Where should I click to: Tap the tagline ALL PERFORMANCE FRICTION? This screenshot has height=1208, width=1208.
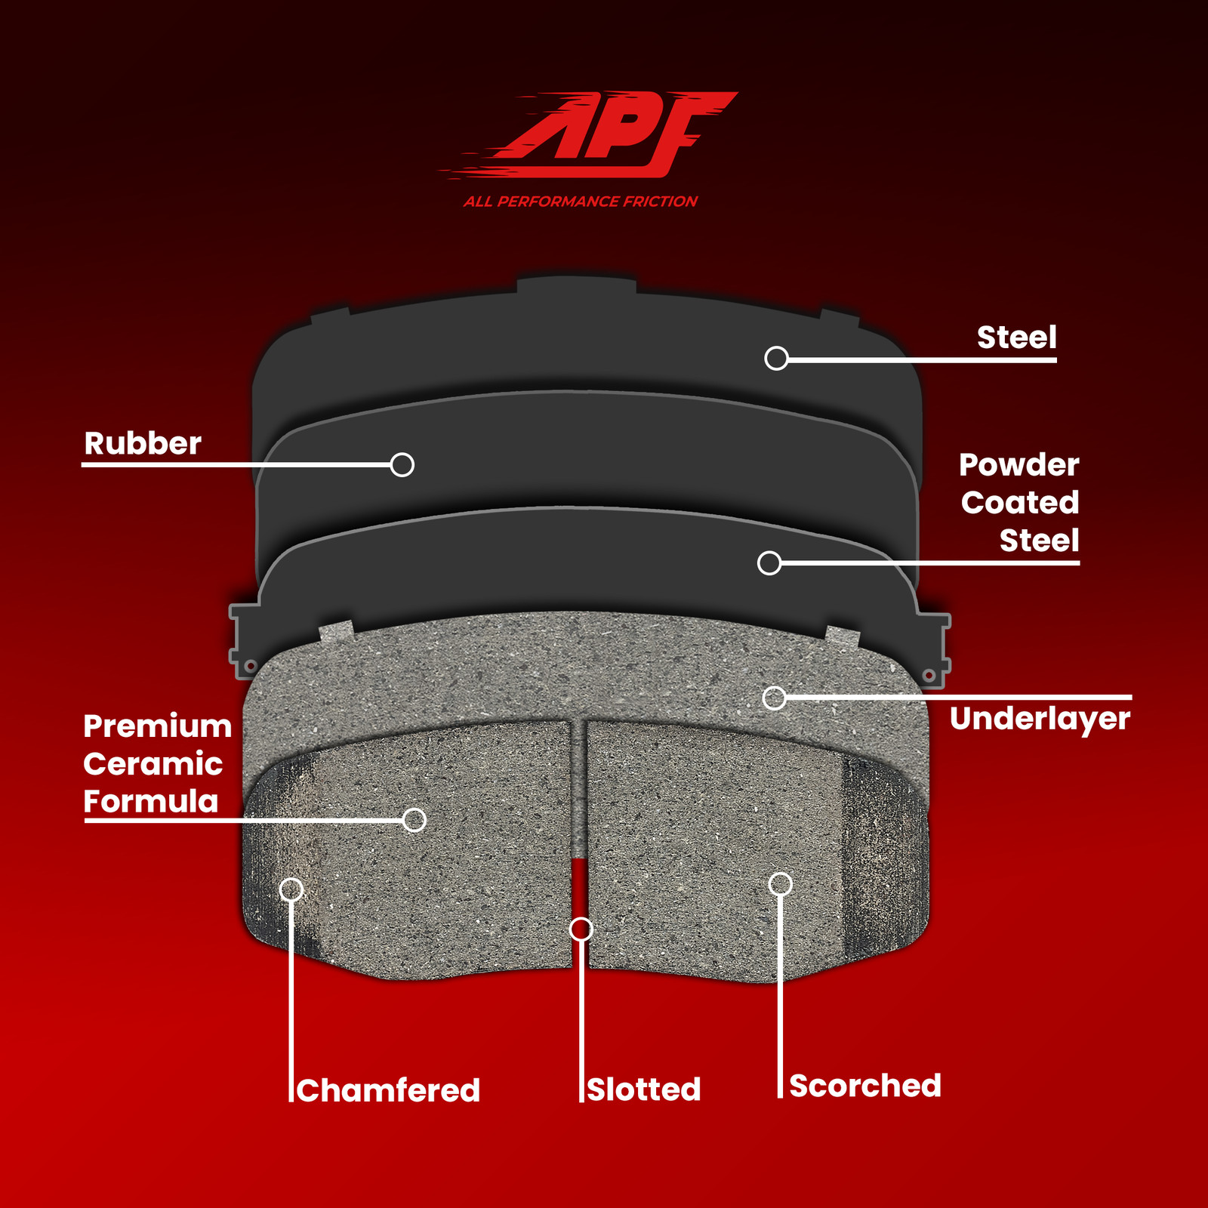tap(581, 202)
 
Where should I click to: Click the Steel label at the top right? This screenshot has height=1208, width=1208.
tap(1016, 337)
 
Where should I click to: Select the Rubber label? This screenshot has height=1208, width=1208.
tap(143, 443)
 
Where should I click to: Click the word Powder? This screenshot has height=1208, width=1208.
tap(1018, 465)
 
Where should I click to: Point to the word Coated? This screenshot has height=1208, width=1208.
tap(1020, 503)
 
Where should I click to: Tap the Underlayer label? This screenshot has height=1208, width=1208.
tap(1040, 720)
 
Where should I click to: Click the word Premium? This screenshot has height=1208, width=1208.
tap(157, 726)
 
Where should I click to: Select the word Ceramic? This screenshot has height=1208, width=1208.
tap(153, 764)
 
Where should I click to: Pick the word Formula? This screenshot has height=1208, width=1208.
tap(151, 801)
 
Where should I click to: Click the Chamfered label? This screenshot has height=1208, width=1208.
tap(388, 1090)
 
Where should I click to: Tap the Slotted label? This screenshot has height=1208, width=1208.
tap(644, 1089)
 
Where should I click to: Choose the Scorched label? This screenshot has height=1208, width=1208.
tap(865, 1086)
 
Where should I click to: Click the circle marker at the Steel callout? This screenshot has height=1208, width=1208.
tap(776, 358)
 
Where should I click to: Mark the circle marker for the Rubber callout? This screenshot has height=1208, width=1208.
tap(402, 464)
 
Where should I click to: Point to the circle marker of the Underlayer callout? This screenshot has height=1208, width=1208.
tap(774, 698)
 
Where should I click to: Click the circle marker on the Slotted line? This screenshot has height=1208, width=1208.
tap(581, 929)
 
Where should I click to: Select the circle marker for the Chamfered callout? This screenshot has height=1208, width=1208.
tap(291, 889)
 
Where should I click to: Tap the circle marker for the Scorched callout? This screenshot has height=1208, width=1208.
tap(780, 883)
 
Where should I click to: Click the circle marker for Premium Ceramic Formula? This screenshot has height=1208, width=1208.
tap(414, 820)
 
